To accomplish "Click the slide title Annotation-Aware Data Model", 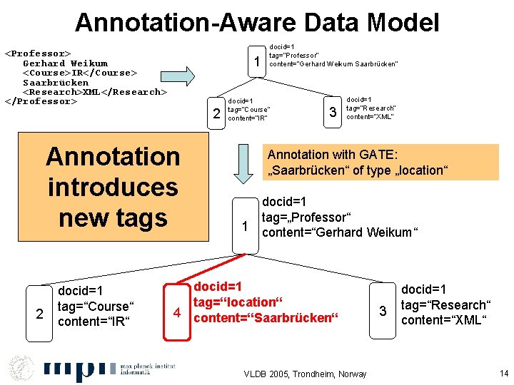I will [257, 23].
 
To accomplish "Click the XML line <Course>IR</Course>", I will [80, 73].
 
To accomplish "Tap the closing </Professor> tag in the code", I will [41, 101].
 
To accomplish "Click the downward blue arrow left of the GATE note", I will [244, 165].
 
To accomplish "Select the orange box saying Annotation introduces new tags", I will [113, 187].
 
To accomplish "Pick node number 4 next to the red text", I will [176, 312].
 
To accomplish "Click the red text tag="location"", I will [234, 302].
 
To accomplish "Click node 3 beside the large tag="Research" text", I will [383, 311].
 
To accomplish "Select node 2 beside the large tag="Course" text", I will [39, 312].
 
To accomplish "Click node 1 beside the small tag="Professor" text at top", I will [256, 63].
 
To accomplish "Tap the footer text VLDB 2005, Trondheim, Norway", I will [306, 374].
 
